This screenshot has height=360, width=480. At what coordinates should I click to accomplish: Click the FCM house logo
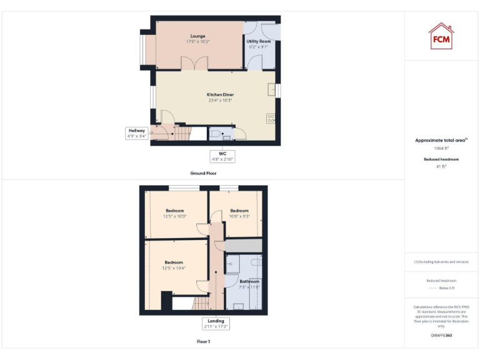441,36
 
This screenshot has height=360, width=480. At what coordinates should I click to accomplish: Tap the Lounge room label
197,39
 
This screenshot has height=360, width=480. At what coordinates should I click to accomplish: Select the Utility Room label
259,44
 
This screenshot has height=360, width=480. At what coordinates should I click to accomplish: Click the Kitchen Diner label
220,97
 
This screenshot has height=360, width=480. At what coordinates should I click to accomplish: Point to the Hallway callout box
137,133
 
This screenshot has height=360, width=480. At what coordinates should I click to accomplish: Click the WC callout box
222,156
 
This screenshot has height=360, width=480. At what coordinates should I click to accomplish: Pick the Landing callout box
215,324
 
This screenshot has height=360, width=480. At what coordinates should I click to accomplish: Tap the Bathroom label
249,284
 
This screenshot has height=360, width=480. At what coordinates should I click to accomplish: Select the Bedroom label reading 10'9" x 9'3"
239,213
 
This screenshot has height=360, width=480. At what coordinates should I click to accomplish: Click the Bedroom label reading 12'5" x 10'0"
175,213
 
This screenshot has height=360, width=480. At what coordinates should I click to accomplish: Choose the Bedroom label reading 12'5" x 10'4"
174,264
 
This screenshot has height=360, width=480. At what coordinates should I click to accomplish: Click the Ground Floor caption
204,172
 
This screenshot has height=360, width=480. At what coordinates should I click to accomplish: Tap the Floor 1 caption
204,342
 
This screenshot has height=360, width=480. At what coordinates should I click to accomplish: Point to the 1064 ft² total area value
442,149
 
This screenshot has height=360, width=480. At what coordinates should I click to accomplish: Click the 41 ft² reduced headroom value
442,167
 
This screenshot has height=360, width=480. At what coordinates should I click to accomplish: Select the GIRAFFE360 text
441,336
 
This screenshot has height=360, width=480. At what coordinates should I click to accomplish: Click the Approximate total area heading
441,141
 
